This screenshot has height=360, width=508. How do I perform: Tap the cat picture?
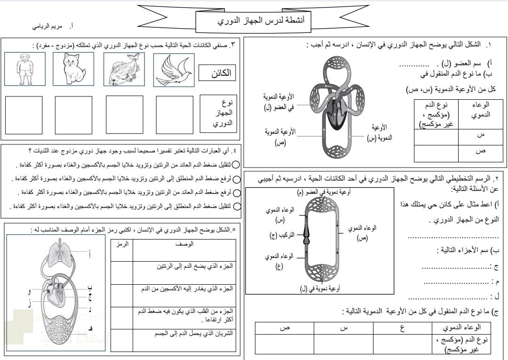click(x=73, y=69)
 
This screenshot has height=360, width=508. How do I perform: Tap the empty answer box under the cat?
click(x=73, y=115)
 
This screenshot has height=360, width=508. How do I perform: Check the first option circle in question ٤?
click(x=237, y=165)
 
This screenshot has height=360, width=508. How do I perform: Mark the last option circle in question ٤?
click(x=237, y=206)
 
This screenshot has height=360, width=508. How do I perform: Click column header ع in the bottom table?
click(x=403, y=328)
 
